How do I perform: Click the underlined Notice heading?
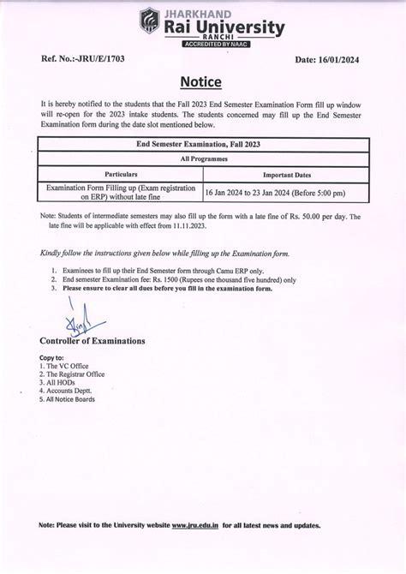tap(201, 82)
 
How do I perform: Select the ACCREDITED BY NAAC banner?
tap(216, 44)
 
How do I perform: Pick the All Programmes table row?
tap(203, 158)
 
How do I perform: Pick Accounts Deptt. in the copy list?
tap(67, 391)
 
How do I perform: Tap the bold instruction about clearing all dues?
tap(168, 289)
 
